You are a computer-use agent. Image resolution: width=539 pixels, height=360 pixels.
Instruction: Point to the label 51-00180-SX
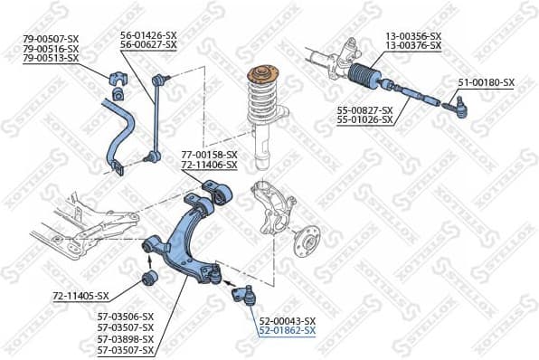point(486,82)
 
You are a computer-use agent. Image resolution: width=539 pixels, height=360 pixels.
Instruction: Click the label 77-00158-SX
point(209,155)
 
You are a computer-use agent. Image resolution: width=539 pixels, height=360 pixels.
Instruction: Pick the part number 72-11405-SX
point(80,296)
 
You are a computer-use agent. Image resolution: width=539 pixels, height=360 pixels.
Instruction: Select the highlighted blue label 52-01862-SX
point(287,331)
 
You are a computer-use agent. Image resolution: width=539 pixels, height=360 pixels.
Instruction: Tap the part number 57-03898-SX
point(126,338)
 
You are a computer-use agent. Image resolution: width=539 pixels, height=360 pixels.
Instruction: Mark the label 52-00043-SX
point(287,320)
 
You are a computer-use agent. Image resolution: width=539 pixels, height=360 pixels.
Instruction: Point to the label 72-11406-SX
point(209,166)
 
